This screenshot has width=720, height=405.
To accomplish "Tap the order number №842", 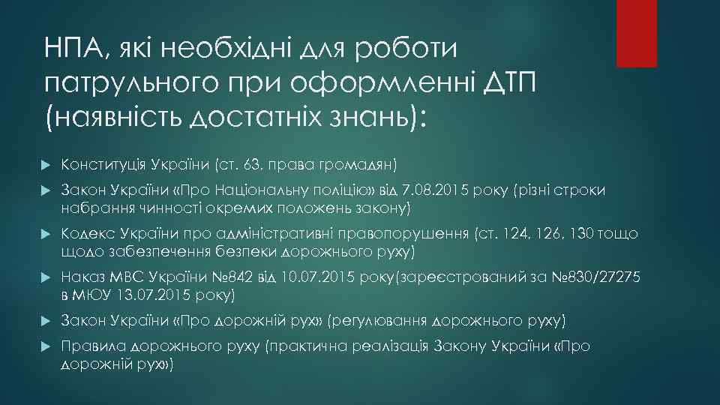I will click(x=232, y=277).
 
